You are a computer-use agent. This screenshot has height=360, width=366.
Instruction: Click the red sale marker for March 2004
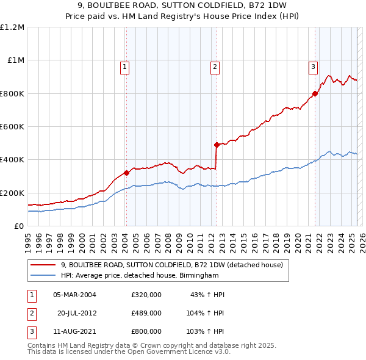pyautogui.click(x=126, y=173)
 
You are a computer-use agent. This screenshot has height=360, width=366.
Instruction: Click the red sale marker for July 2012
pyautogui.click(x=217, y=145)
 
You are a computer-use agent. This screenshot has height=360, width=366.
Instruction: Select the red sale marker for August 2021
pyautogui.click(x=315, y=93)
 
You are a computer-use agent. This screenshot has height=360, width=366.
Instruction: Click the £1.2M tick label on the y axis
pyautogui.click(x=12, y=27)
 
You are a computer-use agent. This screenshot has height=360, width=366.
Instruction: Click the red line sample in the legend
pyautogui.click(x=43, y=265)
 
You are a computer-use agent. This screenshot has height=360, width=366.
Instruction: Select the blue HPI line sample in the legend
pyautogui.click(x=43, y=276)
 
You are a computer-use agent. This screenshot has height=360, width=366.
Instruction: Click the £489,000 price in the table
pyautogui.click(x=146, y=312)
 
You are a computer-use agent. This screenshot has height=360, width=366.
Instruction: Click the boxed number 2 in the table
pyautogui.click(x=30, y=312)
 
